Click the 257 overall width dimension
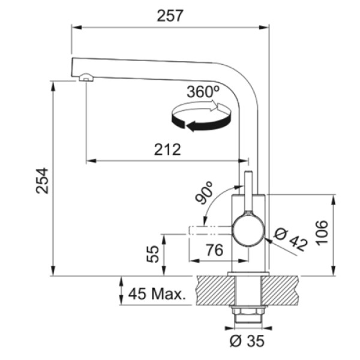pos(170,16)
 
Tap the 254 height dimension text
pos(43,181)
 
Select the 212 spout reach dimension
pos(167,149)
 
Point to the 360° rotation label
pos(203,92)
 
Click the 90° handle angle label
pos(204,193)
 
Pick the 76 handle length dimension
pos(214,250)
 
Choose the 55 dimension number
pos(152,254)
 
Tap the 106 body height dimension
pos(322,233)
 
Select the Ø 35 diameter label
pos(247,341)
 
